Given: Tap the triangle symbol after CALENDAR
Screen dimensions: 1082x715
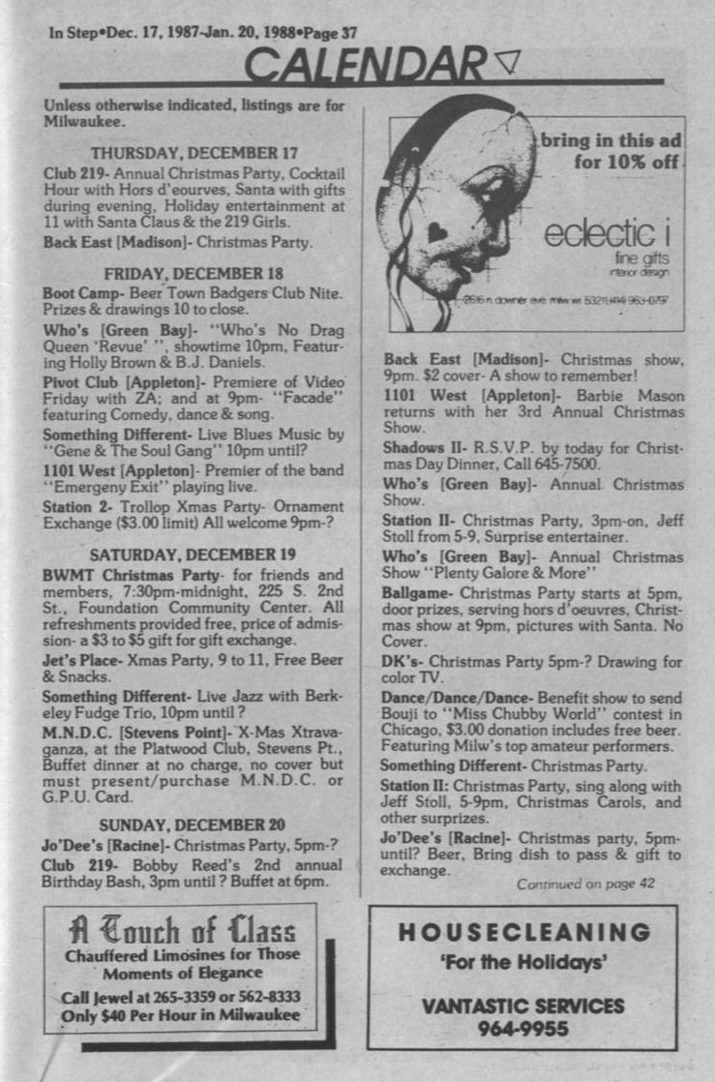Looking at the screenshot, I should (506, 62).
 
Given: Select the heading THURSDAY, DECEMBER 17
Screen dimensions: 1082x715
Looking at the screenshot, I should (194, 152).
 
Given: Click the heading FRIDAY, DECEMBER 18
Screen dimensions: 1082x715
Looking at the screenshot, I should (194, 273).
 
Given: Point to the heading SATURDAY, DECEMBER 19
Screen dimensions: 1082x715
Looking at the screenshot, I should (194, 555).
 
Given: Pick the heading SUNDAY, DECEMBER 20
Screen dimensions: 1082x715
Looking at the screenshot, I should (194, 825).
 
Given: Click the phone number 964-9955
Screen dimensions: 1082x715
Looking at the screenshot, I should (523, 1029).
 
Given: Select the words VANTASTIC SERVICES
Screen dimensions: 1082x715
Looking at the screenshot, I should (523, 1006).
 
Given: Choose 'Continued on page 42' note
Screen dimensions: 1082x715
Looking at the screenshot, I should (585, 884).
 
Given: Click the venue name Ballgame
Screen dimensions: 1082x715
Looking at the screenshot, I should (418, 591).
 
